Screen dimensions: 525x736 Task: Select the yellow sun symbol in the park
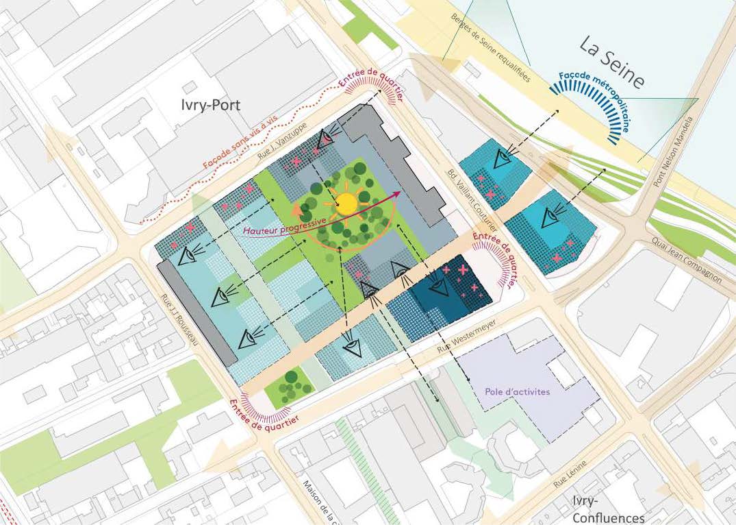(x=347, y=202)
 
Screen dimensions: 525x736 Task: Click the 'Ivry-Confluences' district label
(x=608, y=509)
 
